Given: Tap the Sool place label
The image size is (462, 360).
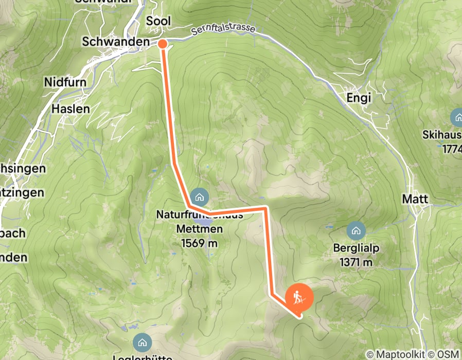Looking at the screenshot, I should click(158, 21).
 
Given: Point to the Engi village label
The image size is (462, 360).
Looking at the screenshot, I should click(359, 97).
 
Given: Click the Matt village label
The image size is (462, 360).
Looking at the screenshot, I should click(415, 199).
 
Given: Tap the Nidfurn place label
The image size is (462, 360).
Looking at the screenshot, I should click(65, 82).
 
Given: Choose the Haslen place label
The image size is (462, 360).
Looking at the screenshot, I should click(71, 109).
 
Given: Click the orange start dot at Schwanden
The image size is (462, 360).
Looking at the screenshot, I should click(162, 44).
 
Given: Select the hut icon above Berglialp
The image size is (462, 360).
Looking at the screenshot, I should click(356, 231).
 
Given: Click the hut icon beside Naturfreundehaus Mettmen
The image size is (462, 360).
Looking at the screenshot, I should click(199, 196).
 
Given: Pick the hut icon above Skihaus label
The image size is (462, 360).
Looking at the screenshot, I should click(457, 117).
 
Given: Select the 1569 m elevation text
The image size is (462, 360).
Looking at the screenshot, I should click(199, 242).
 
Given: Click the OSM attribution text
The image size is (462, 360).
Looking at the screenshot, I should click(448, 354).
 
